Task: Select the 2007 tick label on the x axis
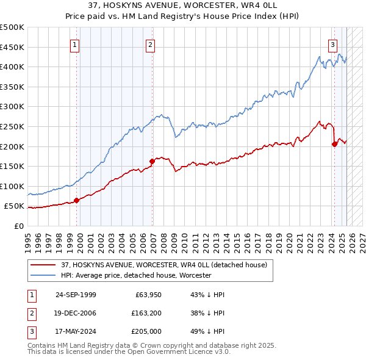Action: pos(152,238)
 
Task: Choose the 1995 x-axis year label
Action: pos(28,238)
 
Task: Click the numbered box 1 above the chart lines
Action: pos(74,44)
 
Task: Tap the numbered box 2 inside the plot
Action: pos(150,44)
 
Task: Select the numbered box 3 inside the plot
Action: pos(332,44)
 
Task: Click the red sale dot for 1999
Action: pos(77,200)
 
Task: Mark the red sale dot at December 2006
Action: pos(152,161)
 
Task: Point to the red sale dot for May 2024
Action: pos(334,144)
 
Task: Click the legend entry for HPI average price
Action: pos(136,275)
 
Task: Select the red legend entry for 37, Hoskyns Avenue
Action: pos(163,265)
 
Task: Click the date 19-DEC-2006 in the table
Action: pos(76,313)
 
